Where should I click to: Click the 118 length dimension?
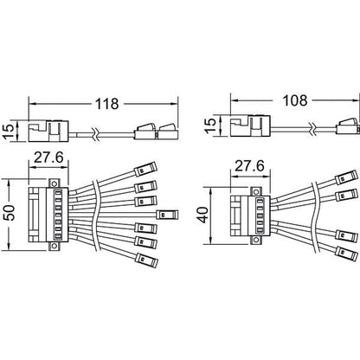(x=106, y=104)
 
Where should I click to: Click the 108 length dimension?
(x=295, y=100)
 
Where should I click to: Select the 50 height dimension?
(x=10, y=213)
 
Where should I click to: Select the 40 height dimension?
(x=204, y=215)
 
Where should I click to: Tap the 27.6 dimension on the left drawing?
(x=48, y=157)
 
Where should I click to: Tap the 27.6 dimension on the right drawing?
(x=249, y=166)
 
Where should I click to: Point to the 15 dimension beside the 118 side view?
(x=10, y=131)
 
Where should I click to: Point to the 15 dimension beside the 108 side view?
(x=210, y=125)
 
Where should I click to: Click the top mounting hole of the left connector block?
(x=53, y=183)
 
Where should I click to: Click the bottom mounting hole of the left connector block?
(x=53, y=246)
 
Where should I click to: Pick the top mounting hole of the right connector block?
(x=255, y=192)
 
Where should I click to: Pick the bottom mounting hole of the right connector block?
(x=255, y=240)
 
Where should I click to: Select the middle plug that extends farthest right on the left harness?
(x=167, y=215)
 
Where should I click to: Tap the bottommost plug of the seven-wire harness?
(x=147, y=260)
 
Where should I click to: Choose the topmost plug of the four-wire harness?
(x=347, y=177)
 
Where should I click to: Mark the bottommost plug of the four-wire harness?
(x=348, y=253)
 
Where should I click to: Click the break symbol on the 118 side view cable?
(x=95, y=133)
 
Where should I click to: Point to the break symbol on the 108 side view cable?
(x=314, y=128)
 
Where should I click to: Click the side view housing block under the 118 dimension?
(x=48, y=131)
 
